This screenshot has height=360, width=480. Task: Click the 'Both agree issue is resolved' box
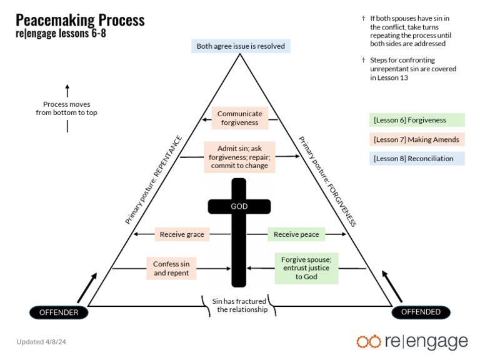tap(241, 46)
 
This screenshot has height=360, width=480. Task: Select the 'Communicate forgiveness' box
tap(240, 117)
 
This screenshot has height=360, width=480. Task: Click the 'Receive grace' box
tap(182, 234)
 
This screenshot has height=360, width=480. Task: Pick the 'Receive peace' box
tap(297, 234)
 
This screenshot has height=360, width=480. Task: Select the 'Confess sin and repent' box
tap(172, 269)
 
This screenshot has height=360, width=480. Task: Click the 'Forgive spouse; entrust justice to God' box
tap(306, 268)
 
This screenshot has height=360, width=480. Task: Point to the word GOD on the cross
tap(239, 206)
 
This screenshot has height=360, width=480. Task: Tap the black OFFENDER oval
tap(59, 312)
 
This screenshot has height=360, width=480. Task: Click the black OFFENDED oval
tap(421, 312)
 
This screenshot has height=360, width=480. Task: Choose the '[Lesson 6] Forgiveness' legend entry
tap(416, 120)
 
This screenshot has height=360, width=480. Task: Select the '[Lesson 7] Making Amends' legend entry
tap(416, 139)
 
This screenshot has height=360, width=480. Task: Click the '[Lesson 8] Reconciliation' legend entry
tap(416, 159)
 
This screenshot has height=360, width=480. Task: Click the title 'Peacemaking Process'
tap(80, 20)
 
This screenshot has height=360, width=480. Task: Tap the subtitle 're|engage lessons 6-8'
tap(61, 34)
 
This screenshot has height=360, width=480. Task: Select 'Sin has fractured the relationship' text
tap(239, 305)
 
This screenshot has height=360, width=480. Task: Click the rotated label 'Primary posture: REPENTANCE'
tap(154, 180)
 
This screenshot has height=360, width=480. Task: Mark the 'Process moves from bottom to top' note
tap(66, 108)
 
